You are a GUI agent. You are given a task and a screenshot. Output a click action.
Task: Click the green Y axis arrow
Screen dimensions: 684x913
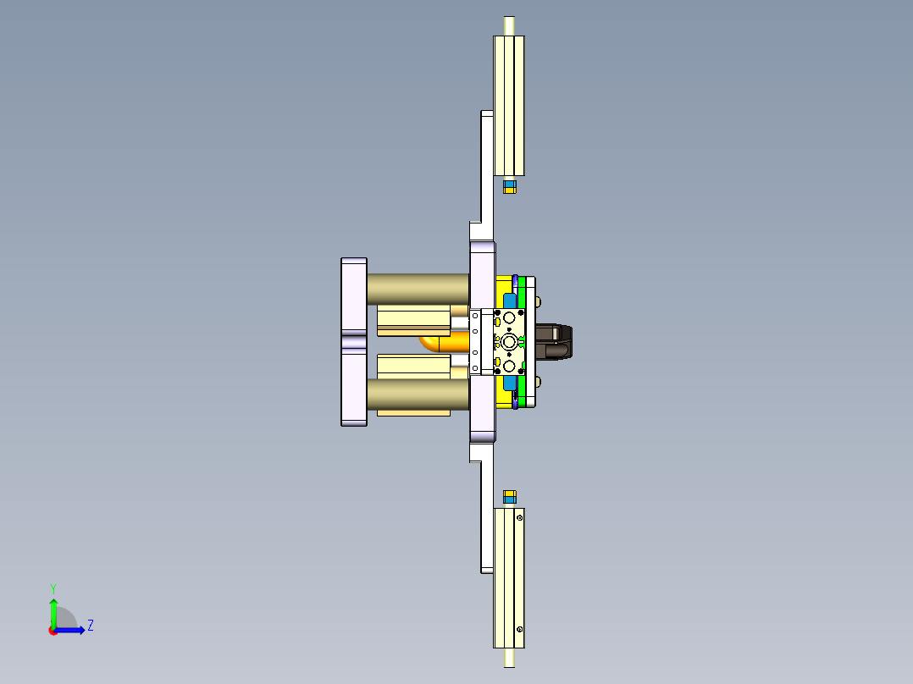[53, 609]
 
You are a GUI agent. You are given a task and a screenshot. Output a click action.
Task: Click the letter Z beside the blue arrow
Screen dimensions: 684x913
[90, 626]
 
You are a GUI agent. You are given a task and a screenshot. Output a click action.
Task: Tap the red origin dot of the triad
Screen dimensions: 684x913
[53, 631]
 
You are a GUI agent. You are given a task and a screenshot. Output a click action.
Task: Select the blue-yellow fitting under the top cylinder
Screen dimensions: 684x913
[509, 186]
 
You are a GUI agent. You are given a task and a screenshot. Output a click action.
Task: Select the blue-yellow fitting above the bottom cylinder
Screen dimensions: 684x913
[509, 495]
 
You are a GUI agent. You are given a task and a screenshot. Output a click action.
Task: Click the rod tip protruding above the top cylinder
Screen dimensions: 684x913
[508, 25]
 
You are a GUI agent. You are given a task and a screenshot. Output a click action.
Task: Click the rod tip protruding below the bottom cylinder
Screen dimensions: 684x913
[508, 658]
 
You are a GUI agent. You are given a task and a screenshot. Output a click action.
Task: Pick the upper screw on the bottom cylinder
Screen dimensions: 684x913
[519, 517]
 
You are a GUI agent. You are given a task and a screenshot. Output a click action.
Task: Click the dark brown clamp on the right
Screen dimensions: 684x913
[556, 341]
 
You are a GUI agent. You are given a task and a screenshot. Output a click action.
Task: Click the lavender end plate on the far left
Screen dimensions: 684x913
[354, 341]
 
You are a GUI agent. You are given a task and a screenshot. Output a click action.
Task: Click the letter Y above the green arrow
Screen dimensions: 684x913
[53, 587]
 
